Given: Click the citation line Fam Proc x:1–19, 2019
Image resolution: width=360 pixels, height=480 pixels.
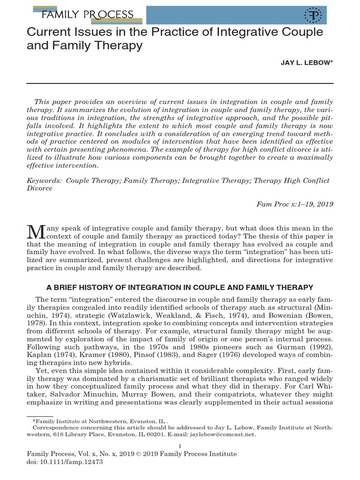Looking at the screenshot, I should [x=294, y=204].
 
